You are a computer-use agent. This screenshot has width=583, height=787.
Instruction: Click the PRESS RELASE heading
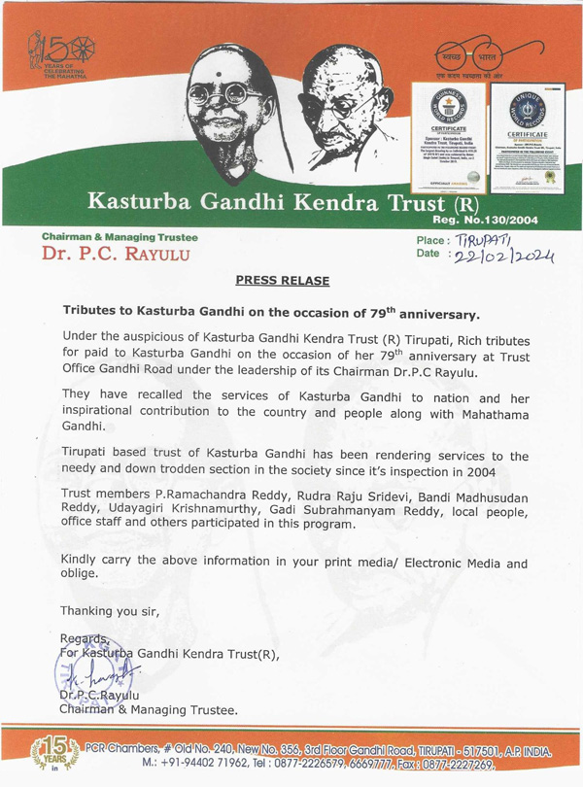[282, 281]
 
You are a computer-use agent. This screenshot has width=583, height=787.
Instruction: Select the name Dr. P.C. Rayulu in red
[112, 256]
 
